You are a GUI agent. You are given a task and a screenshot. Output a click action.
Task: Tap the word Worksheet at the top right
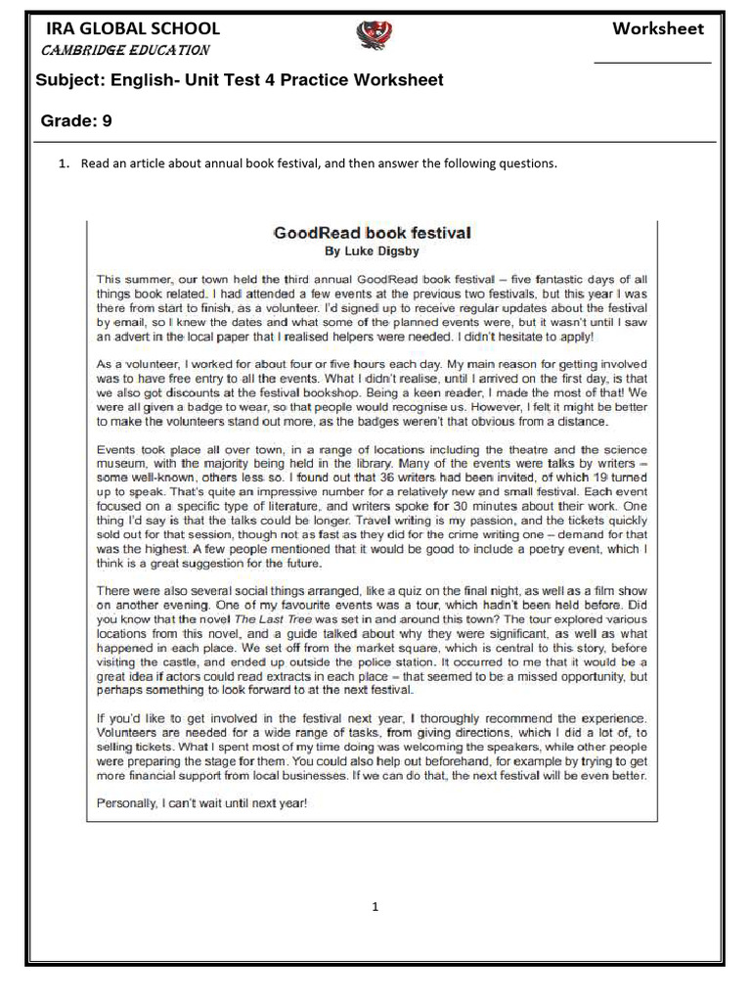(x=657, y=28)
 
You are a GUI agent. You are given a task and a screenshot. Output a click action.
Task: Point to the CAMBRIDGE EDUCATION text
(x=123, y=50)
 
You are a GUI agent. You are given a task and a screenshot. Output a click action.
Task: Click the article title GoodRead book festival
(x=372, y=233)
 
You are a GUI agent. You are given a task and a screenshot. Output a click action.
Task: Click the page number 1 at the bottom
(x=375, y=907)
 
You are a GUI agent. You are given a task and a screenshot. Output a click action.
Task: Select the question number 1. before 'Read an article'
(x=64, y=163)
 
